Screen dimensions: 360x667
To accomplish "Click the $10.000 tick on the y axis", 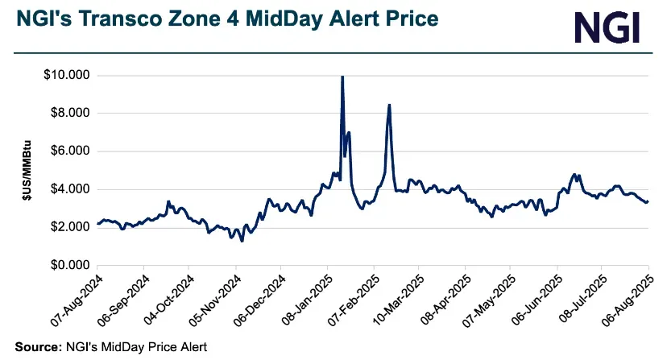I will pyautogui.click(x=68, y=76).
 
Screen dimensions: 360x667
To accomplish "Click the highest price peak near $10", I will pyautogui.click(x=342, y=77).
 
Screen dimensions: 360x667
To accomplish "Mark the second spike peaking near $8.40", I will pyautogui.click(x=389, y=106).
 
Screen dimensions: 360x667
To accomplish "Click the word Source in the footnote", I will pyautogui.click(x=35, y=347).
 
